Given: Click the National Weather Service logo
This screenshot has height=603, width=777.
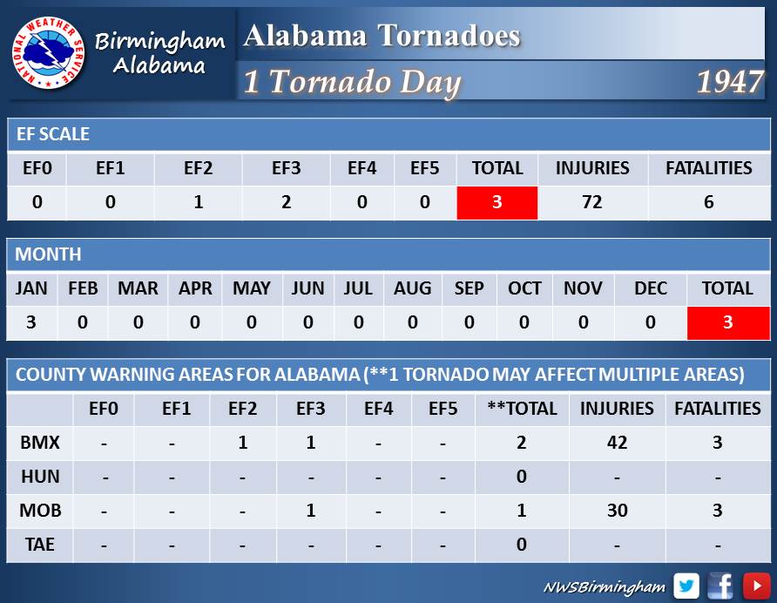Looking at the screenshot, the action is (x=48, y=53).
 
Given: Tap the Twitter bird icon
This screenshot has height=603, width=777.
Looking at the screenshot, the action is (x=686, y=586).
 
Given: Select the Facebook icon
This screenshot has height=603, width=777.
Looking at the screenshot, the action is (x=720, y=586).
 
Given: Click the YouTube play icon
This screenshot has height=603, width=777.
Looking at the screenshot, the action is (x=757, y=586).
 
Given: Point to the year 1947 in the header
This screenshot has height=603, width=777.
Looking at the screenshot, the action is (x=730, y=81).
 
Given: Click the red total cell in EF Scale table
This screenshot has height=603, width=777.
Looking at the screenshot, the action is (x=497, y=203).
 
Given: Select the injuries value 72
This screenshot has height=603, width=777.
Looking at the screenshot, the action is (x=592, y=202).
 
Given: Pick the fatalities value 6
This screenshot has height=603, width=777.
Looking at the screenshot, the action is (x=708, y=202).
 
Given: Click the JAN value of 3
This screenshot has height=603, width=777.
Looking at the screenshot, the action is (x=30, y=322).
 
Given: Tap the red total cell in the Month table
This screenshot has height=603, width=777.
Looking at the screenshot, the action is (x=728, y=322).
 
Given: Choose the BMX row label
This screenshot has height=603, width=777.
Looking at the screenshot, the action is (x=40, y=443).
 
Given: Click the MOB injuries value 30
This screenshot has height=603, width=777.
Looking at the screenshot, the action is (x=618, y=511).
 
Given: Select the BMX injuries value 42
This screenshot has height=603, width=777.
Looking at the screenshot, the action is (x=618, y=443).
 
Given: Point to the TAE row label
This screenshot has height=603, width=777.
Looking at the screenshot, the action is (x=40, y=545).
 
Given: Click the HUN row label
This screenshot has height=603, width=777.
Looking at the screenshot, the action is (x=40, y=477).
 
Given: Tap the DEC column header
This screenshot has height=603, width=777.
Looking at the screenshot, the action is (x=651, y=288).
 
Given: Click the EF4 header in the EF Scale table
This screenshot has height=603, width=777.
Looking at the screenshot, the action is (x=361, y=168).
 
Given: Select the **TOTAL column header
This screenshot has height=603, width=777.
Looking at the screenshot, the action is (x=523, y=408).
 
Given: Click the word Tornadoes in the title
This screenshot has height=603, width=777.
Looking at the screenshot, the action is (x=449, y=36).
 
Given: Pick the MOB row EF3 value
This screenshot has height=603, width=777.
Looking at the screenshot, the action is (x=311, y=511).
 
